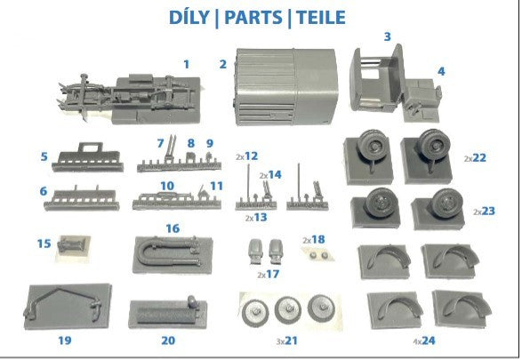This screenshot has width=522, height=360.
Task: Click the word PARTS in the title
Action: tap(253, 17)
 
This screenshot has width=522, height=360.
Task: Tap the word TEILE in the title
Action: tap(321, 17)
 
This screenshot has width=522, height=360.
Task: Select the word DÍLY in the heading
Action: tap(189, 17)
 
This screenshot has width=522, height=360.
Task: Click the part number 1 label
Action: tap(187, 64)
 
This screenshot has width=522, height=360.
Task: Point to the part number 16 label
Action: tap(173, 228)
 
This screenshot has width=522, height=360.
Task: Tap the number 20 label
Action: tap(168, 340)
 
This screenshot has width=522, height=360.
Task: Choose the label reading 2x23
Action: tap(484, 211)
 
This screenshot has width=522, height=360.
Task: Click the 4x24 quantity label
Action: tap(424, 340)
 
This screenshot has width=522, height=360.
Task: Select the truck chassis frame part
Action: tap(130, 100)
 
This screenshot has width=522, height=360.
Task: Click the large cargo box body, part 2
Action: tap(285, 87)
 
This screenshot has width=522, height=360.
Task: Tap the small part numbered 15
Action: tap(71, 247)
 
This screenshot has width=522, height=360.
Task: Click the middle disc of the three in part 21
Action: tap(288, 310)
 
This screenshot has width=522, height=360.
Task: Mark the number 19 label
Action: tap(65, 340)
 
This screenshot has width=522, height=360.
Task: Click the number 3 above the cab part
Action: tap(387, 36)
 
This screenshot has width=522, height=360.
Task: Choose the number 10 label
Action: tap(167, 186)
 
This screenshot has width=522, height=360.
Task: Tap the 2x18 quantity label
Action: tap(314, 240)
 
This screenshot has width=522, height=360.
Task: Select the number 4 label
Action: tap(441, 71)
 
